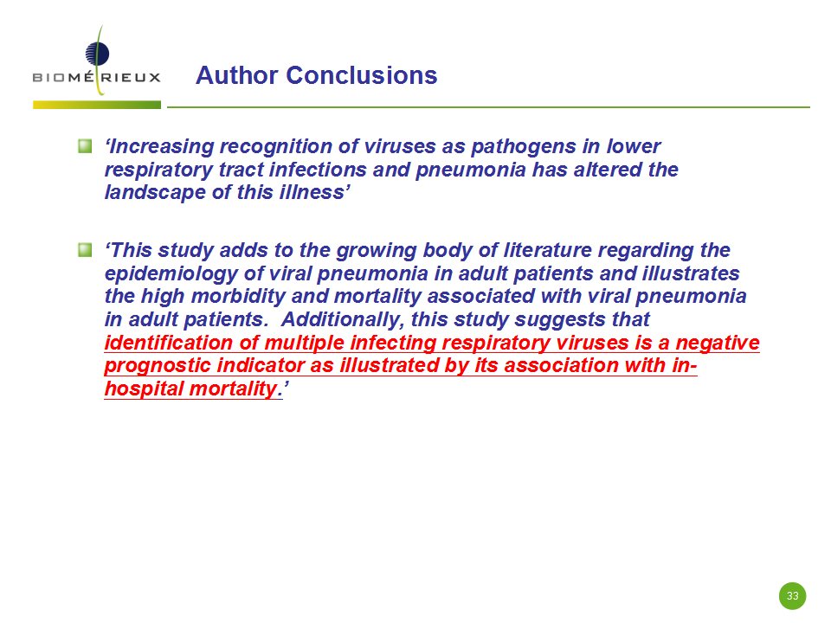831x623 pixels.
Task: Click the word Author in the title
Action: click(237, 75)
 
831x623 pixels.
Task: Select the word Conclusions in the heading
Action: click(362, 75)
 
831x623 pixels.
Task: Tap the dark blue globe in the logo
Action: click(98, 54)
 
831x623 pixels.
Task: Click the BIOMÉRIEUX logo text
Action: click(96, 77)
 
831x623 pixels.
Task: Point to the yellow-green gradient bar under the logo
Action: click(97, 105)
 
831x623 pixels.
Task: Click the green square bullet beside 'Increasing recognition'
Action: click(85, 145)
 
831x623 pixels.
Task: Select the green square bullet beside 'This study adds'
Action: click(85, 249)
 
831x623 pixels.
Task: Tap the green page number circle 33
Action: click(792, 595)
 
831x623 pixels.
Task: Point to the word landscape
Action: click(155, 192)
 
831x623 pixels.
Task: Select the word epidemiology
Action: click(171, 274)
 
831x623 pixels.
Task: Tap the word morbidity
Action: click(239, 296)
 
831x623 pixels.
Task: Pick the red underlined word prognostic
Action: click(158, 365)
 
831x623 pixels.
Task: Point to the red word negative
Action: click(718, 343)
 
